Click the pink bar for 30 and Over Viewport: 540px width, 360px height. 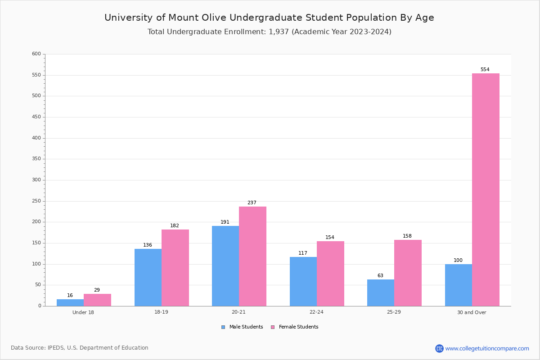[x=486, y=189]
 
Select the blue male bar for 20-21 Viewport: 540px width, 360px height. [x=225, y=265]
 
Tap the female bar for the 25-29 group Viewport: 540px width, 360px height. [x=408, y=273]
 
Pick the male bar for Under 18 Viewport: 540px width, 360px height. [x=70, y=302]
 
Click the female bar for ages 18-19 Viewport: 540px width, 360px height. [x=175, y=268]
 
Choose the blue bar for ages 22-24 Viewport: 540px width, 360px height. [x=303, y=281]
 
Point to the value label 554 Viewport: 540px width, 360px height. [x=485, y=70]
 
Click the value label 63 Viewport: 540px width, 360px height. [x=380, y=276]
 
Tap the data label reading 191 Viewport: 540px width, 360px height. [x=225, y=222]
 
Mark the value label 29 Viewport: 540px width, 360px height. [x=97, y=290]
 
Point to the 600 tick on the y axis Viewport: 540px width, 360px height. [x=36, y=54]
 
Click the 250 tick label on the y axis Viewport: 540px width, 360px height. [x=36, y=201]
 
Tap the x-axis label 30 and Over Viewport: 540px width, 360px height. [x=472, y=312]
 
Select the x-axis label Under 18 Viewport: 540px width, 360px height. [x=83, y=312]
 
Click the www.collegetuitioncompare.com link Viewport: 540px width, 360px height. [x=487, y=348]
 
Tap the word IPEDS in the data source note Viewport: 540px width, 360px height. [x=56, y=348]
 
